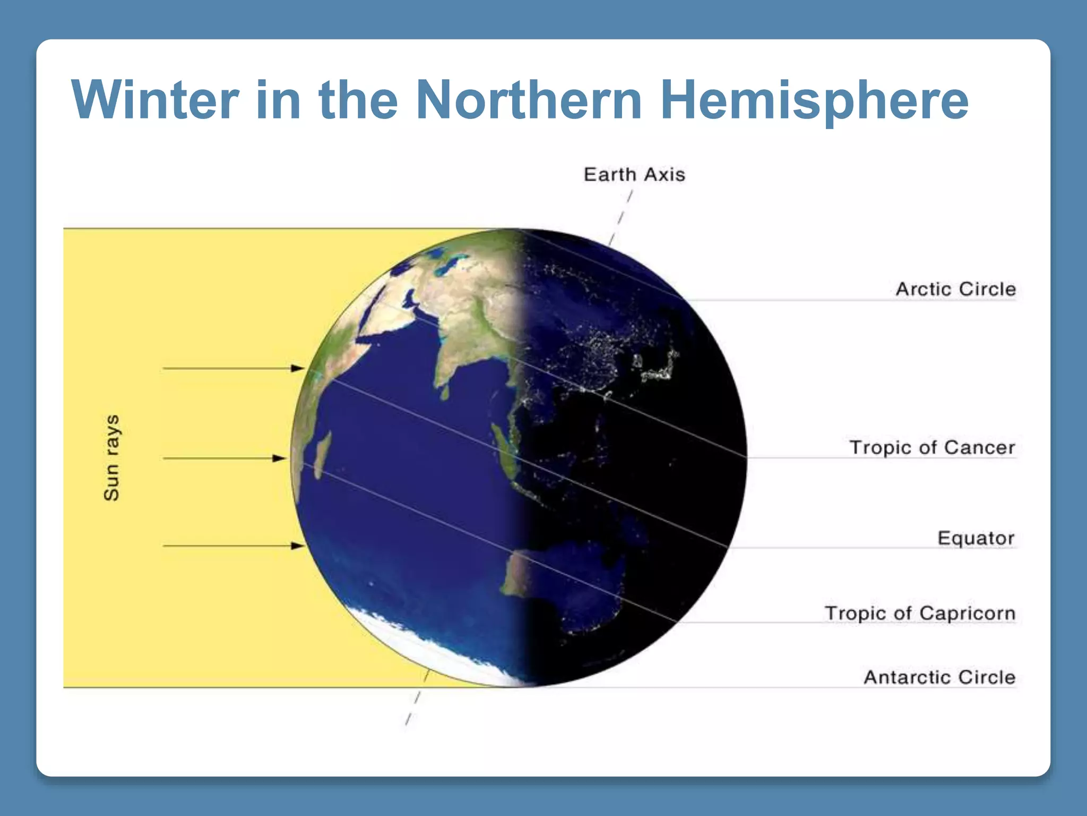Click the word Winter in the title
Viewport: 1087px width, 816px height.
click(x=155, y=100)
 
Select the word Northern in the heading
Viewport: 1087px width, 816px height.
click(x=529, y=100)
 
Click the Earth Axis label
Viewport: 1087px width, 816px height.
click(x=634, y=175)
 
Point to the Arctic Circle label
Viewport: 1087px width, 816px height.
click(x=955, y=289)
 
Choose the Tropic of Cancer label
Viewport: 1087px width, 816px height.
click(x=932, y=447)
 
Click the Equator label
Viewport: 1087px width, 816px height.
click(x=976, y=538)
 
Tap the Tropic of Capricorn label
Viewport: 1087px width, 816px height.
click(x=919, y=613)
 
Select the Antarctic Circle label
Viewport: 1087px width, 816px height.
click(x=939, y=677)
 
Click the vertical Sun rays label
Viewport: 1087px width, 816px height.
click(x=111, y=457)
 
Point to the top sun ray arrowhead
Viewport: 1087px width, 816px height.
click(x=298, y=368)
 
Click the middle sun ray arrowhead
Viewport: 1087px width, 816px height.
click(x=280, y=458)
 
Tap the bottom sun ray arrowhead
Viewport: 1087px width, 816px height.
click(x=298, y=546)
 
